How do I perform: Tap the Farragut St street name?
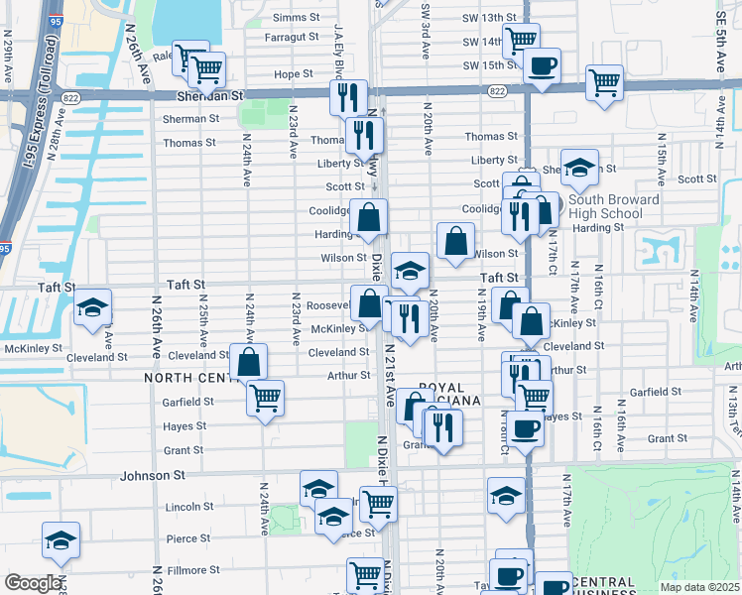pos(289,38)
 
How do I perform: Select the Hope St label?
pos(293,74)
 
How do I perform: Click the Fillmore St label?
pos(192,570)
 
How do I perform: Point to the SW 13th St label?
pos(489,18)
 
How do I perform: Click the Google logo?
pos(33,583)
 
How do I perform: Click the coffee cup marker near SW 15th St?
pos(541,65)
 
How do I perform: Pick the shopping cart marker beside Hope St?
pos(206,68)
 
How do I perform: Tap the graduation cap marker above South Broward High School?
pos(579,166)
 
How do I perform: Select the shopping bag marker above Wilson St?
pos(454,240)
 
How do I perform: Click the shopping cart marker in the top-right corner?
pos(604,82)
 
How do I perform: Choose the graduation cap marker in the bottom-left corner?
pos(61,540)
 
